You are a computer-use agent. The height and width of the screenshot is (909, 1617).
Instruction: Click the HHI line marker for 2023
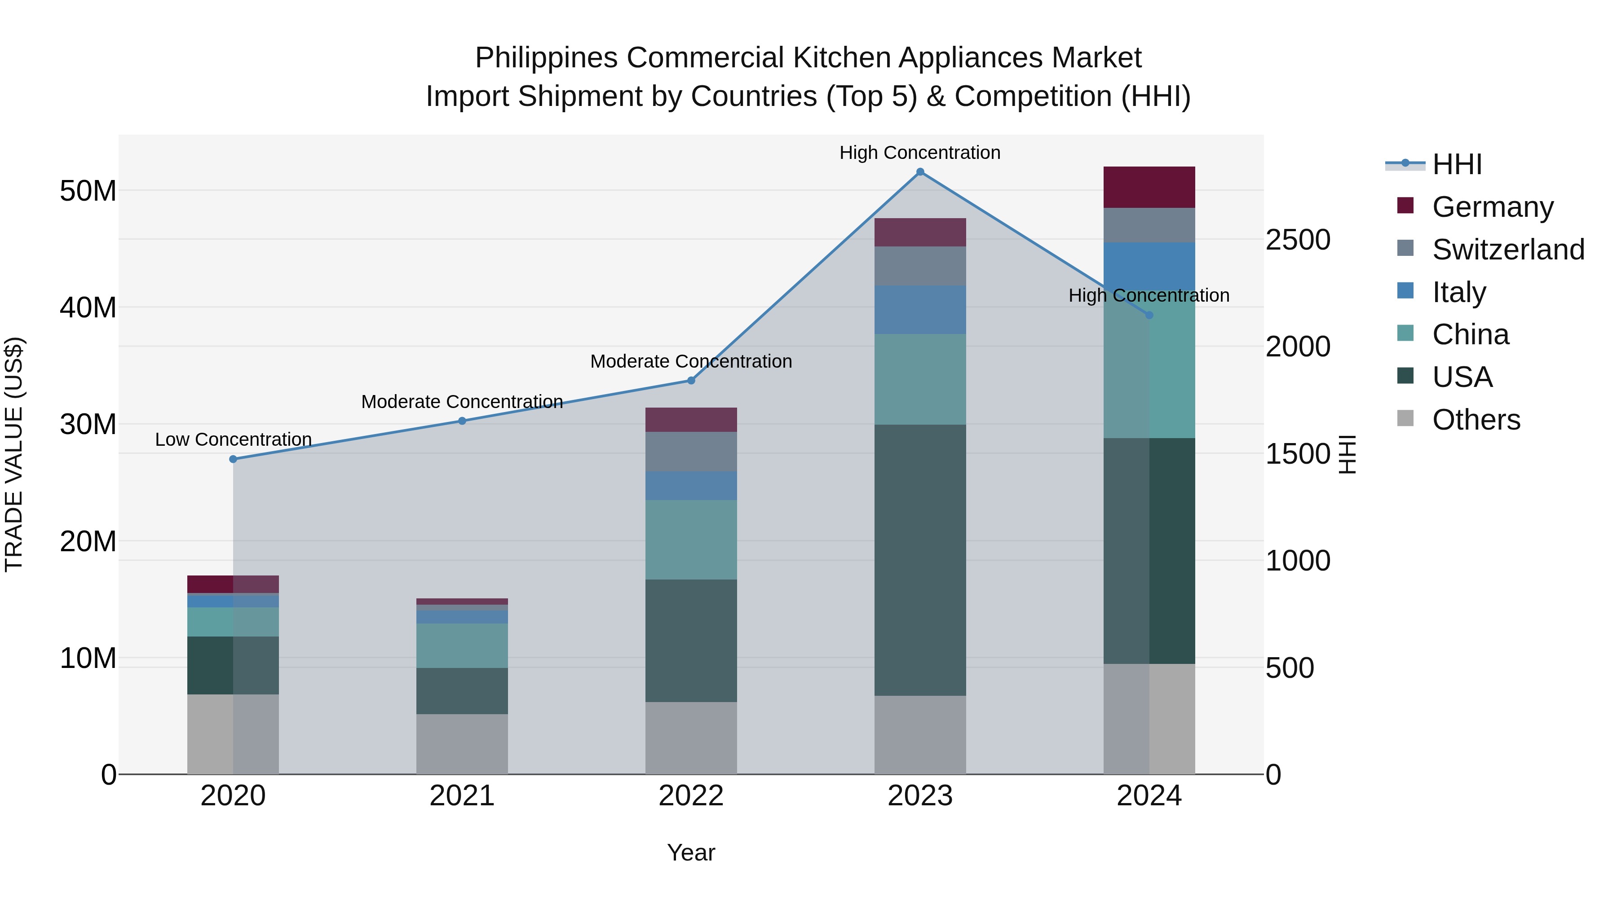pos(920,172)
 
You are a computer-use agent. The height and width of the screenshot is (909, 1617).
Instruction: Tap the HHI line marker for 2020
pos(233,459)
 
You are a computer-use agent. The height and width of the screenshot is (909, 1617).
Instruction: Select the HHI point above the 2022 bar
pos(691,380)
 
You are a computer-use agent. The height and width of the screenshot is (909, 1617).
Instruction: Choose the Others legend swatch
pos(1405,418)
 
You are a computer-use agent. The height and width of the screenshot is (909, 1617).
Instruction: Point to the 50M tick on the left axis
pos(88,191)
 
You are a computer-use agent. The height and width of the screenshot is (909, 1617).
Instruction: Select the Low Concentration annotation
pos(234,440)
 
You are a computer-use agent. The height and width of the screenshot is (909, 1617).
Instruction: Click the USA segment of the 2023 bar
pos(920,560)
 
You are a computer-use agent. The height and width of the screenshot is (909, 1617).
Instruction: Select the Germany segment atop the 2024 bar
pos(1149,187)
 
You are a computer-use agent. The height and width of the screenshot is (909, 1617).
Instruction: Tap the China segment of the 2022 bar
pos(691,540)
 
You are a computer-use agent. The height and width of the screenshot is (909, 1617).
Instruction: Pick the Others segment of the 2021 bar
pos(462,744)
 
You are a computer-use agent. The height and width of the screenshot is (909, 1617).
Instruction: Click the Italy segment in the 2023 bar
pos(920,310)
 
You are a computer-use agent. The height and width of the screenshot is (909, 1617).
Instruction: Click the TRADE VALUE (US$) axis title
pos(14,454)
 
